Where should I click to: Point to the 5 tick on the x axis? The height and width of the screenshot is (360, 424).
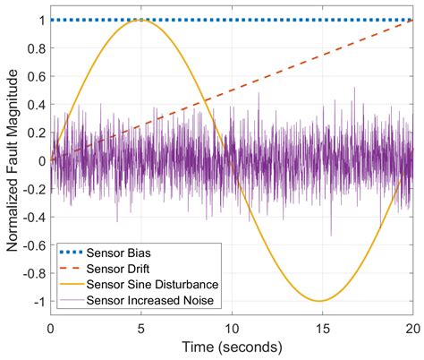coord(141,326)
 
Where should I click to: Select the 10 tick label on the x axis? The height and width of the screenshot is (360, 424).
coord(232,326)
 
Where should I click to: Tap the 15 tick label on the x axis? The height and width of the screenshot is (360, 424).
coord(323,326)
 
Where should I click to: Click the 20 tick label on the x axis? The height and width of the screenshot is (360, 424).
coord(412,326)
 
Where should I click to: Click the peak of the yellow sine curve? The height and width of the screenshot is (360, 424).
coord(141,20)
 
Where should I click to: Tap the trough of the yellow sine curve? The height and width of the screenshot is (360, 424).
coord(320,301)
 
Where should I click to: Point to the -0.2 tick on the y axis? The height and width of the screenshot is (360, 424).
coord(31,188)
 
